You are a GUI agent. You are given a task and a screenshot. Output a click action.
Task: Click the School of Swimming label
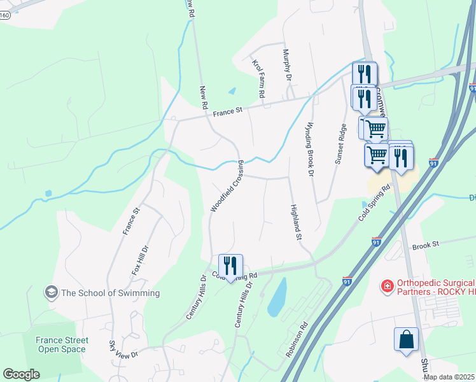(110, 293)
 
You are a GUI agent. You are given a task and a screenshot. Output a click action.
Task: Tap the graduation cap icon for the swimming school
(50, 293)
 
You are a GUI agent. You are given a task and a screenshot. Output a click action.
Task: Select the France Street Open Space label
(61, 344)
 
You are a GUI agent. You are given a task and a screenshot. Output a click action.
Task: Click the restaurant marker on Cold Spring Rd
(230, 265)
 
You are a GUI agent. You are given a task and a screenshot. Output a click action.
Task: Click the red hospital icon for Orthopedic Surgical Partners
(386, 287)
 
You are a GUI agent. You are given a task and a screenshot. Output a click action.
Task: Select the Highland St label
(295, 222)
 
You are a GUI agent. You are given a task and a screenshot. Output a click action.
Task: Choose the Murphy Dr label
(287, 65)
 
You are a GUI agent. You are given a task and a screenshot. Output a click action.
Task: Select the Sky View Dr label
(123, 351)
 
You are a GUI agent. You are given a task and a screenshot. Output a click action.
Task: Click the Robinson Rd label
(297, 339)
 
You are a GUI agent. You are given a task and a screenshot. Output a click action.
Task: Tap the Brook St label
(426, 244)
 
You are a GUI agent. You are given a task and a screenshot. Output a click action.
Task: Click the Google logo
(21, 374)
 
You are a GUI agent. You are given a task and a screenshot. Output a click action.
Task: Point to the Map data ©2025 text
(448, 377)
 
